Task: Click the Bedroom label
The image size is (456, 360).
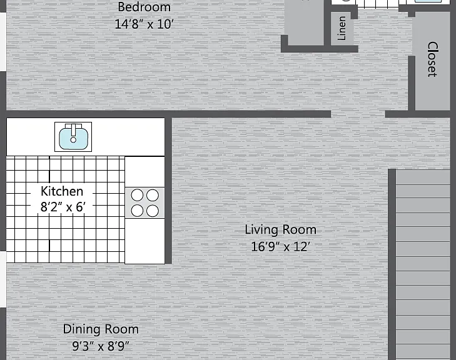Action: coord(144,7)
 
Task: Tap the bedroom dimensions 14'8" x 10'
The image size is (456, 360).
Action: coord(144,24)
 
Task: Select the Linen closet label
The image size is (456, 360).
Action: coord(342,28)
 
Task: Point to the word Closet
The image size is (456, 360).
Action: coord(432,59)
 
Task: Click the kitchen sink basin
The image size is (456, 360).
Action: coord(73,138)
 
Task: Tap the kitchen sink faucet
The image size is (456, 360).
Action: coord(73,133)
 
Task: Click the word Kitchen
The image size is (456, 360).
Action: coord(62,191)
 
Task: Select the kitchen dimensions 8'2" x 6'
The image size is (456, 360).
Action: coord(63,207)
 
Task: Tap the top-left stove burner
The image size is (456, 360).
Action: coord(137,195)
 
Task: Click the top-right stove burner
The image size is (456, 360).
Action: coord(153,195)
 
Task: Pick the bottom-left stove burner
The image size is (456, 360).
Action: coord(137,211)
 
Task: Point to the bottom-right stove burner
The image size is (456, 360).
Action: coord(153,211)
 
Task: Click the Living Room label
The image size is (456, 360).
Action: coord(281,229)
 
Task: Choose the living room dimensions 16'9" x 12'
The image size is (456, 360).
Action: coord(281,247)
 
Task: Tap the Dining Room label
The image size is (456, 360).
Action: coord(101,329)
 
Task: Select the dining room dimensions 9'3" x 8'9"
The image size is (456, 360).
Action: coord(101,346)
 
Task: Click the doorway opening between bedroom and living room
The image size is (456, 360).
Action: coord(358,114)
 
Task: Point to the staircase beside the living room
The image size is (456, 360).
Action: coord(423,264)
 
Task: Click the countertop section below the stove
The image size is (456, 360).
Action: coord(145,241)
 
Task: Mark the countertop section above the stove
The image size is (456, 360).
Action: coord(145,172)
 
